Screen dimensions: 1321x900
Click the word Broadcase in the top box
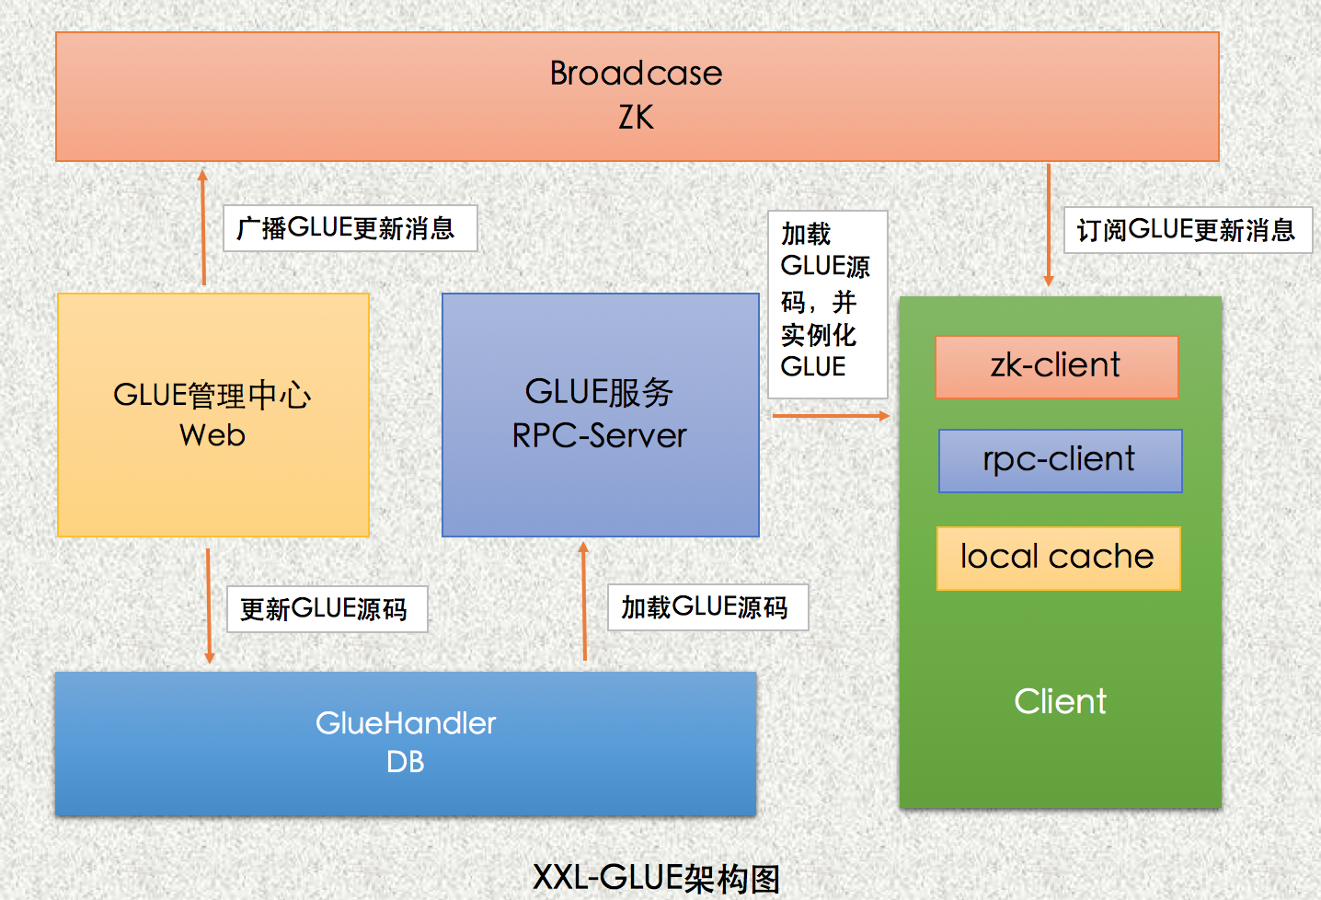(636, 73)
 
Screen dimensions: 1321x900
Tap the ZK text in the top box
(636, 117)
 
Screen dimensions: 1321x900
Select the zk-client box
(1057, 367)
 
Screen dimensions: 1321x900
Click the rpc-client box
(1061, 461)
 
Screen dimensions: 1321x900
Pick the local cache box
(1059, 558)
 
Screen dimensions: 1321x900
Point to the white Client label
(1060, 701)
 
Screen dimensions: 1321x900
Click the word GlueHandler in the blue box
(406, 723)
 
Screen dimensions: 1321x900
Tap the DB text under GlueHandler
(405, 761)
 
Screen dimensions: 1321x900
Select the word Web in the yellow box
(213, 435)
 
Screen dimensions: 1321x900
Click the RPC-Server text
(599, 436)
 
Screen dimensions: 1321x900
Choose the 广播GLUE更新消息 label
(350, 228)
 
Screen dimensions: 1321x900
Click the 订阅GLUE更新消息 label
(1188, 230)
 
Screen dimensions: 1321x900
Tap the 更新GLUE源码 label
(327, 609)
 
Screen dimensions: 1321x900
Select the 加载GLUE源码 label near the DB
(707, 607)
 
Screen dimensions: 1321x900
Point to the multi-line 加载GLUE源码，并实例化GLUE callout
(827, 305)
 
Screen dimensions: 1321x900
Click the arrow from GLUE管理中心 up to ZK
(203, 227)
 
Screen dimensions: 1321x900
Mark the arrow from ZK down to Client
(1049, 225)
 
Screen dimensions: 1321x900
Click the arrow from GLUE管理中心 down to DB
(209, 606)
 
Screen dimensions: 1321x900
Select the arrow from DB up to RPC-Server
(584, 601)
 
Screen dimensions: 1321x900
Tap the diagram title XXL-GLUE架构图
(657, 878)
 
